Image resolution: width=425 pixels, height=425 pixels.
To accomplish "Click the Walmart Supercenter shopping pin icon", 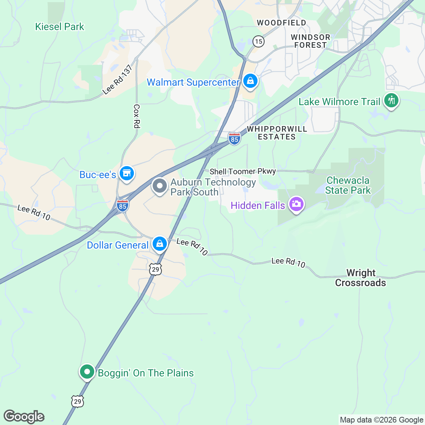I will pos(250,81).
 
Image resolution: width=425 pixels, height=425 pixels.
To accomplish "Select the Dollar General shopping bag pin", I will pos(160,244).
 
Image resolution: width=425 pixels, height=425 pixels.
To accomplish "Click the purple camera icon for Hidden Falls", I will pos(296,204).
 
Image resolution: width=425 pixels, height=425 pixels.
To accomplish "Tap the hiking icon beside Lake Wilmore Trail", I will pos(391,101).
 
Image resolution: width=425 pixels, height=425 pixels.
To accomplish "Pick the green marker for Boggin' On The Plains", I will pos(87,372).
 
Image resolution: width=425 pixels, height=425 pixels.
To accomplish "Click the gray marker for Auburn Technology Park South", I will pos(160,186).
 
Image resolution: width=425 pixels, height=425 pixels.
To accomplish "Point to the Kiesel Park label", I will pos(59,27).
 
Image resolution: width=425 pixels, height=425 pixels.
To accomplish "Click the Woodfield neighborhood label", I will pos(281,23).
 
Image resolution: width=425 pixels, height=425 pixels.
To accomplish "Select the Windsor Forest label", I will pos(310,41).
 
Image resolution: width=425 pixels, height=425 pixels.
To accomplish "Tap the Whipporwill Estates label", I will pos(277,133).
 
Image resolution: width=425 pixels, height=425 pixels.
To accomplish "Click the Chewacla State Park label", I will pos(347,185).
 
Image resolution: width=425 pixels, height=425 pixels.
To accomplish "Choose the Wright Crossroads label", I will pos(361,278).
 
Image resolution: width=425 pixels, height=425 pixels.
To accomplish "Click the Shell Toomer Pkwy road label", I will pos(243,171).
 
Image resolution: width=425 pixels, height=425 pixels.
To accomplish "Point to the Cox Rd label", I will pos(137,116).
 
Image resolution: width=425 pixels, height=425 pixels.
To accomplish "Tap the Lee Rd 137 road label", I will pos(117,80).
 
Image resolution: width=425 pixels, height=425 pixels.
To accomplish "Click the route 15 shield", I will pos(259,41).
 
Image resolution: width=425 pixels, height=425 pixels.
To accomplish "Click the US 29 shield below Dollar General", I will pos(155,269).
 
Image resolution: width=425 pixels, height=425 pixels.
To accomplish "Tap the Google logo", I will pos(24,416).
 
